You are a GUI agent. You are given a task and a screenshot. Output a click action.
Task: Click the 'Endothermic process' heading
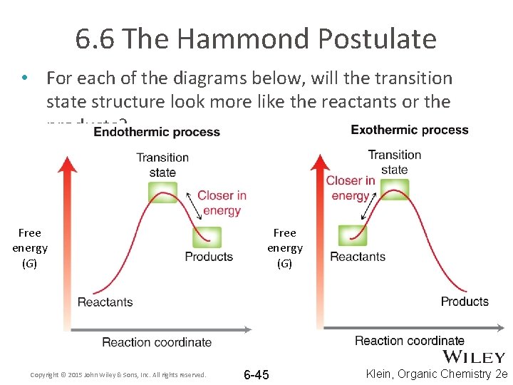tap(157, 132)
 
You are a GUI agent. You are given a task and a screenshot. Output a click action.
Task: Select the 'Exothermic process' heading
tap(410, 130)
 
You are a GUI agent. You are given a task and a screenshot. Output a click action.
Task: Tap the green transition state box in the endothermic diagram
tap(163, 192)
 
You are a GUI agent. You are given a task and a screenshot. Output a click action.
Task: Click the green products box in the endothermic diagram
tap(207, 236)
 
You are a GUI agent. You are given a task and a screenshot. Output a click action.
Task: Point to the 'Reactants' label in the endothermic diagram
tap(105, 302)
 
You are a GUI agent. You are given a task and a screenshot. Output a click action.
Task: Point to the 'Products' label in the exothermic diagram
tap(465, 301)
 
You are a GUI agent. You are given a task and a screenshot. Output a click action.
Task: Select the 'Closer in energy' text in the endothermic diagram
tap(222, 203)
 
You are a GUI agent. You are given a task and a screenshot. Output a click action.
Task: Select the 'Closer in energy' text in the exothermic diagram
tap(351, 188)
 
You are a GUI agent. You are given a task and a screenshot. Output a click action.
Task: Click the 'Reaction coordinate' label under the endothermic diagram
tap(157, 342)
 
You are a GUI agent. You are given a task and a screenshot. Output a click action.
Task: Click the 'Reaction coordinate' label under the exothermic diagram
tap(410, 341)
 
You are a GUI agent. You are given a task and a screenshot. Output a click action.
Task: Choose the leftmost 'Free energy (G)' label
tap(30, 248)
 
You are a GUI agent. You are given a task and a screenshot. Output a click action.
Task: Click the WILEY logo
tap(475, 357)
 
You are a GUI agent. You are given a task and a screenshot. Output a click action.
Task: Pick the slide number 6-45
tap(256, 375)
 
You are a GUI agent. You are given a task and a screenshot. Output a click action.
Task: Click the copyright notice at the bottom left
tap(118, 375)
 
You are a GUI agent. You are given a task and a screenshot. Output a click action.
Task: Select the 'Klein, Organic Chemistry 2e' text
tap(437, 374)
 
